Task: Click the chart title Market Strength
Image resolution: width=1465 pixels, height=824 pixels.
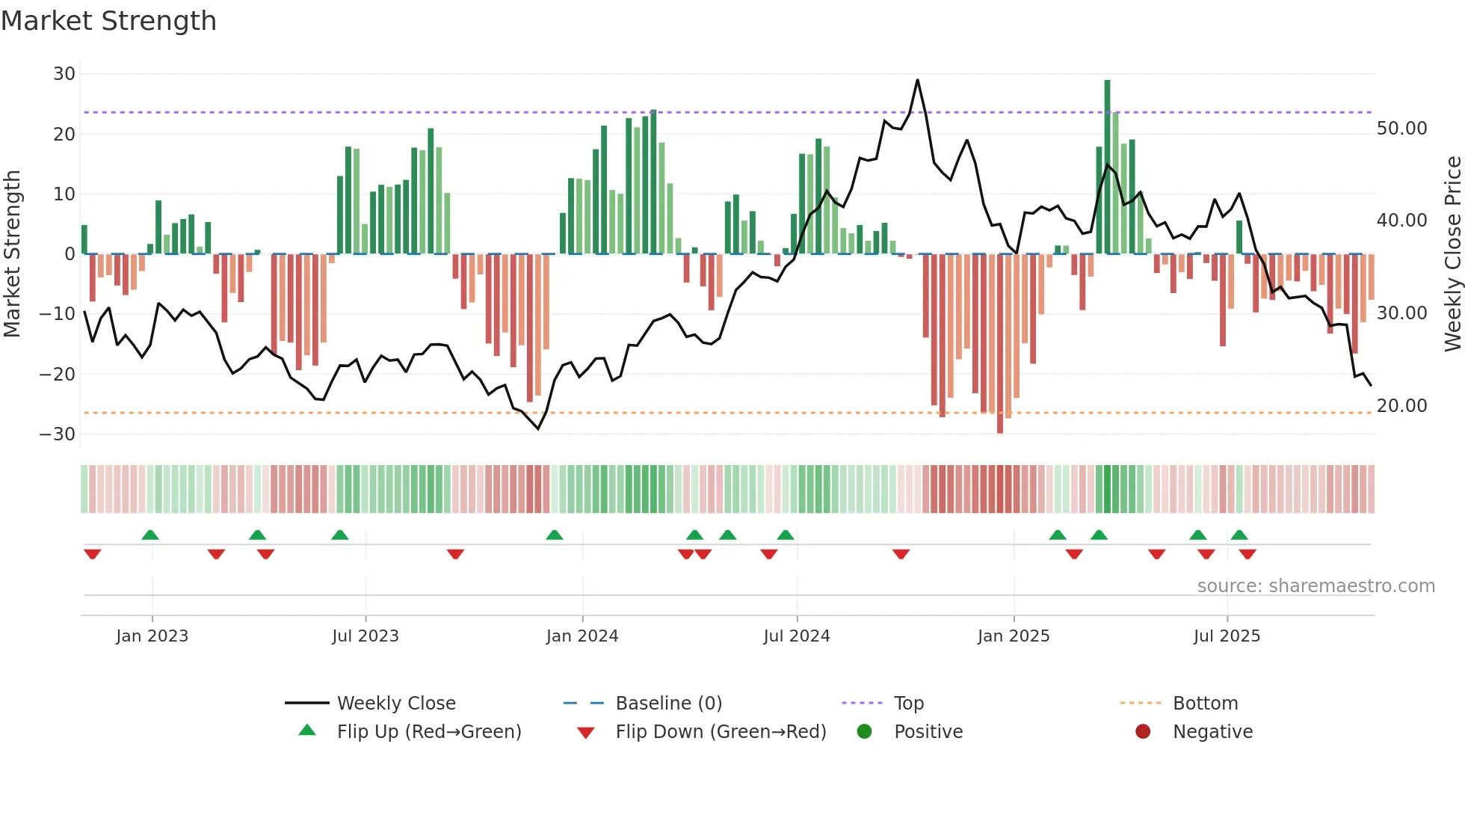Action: coord(108,21)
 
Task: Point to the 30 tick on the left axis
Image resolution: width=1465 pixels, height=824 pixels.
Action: coord(64,74)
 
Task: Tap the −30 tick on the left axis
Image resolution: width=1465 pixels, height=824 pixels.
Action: coord(58,434)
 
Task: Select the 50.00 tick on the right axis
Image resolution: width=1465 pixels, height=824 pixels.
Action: coord(1401,129)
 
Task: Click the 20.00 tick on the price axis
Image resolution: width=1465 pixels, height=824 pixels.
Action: coord(1401,406)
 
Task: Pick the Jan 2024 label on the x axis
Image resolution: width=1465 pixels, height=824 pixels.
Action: coord(582,636)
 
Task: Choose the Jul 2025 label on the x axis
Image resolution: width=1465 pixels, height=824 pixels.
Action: coord(1227,636)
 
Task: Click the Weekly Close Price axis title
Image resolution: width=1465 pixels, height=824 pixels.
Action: coord(1452,254)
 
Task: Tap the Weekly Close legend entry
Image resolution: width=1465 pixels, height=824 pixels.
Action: coord(396,704)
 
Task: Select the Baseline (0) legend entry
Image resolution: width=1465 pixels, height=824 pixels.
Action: coord(668,704)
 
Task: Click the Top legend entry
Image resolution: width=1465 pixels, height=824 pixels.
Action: coord(909,704)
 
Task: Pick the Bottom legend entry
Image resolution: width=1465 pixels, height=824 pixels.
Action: coord(1205,704)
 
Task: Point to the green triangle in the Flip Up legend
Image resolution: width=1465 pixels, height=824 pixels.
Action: coord(307,731)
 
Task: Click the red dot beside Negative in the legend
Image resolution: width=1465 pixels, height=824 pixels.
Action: coord(1143,731)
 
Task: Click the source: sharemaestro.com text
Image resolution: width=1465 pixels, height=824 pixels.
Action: coord(1316,586)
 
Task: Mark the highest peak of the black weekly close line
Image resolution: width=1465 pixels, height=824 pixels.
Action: coord(917,80)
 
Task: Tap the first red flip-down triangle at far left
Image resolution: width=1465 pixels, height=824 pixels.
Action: coord(93,554)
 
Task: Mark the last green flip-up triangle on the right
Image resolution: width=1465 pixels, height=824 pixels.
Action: coord(1239,535)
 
